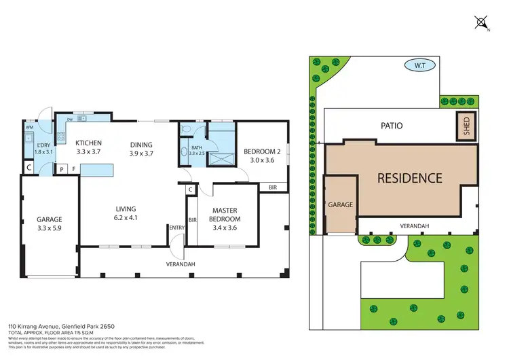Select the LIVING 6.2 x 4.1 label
(126, 213)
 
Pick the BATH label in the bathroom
(197, 148)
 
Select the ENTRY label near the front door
(176, 228)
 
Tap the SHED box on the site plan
(466, 126)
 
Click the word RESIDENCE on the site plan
(409, 179)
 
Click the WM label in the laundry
(29, 127)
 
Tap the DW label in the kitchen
(70, 118)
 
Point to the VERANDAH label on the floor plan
(181, 264)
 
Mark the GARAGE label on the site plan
(340, 204)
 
